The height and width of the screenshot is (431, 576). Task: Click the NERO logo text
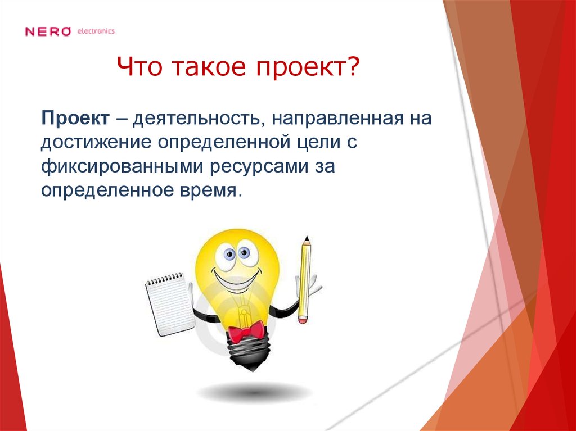pyautogui.click(x=48, y=31)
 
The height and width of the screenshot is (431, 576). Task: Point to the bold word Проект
pyautogui.click(x=75, y=119)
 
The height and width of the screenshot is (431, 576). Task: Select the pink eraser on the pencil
pyautogui.click(x=304, y=319)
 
